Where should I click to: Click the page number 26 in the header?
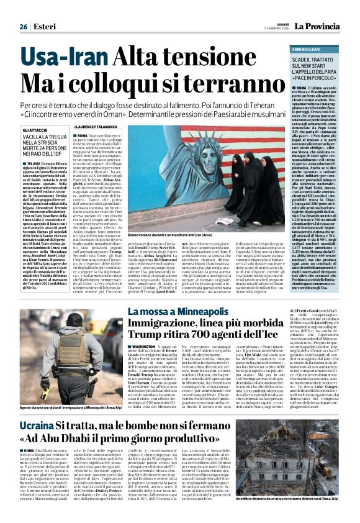click(24, 27)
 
